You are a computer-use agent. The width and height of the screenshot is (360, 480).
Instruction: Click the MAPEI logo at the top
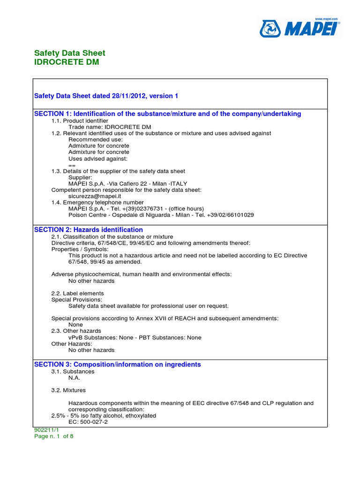pyautogui.click(x=300, y=28)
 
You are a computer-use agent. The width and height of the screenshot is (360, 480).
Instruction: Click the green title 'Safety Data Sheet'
pyautogui.click(x=70, y=53)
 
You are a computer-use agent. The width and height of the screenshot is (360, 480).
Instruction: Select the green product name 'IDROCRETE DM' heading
pyautogui.click(x=67, y=62)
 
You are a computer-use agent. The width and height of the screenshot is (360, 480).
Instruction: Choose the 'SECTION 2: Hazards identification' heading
pyautogui.click(x=89, y=230)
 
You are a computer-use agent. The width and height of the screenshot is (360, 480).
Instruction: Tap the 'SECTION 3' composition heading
pyautogui.click(x=118, y=364)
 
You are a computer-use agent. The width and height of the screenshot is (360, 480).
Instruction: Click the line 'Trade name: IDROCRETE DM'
pyautogui.click(x=110, y=127)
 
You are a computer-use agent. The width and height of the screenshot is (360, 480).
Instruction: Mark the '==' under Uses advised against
pyautogui.click(x=72, y=165)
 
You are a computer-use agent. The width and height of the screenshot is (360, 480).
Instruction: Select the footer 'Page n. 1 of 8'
pyautogui.click(x=54, y=436)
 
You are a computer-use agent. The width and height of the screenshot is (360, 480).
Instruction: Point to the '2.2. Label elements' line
pyautogui.click(x=77, y=293)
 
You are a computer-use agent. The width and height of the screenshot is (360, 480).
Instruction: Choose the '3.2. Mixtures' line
pyautogui.click(x=68, y=390)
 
